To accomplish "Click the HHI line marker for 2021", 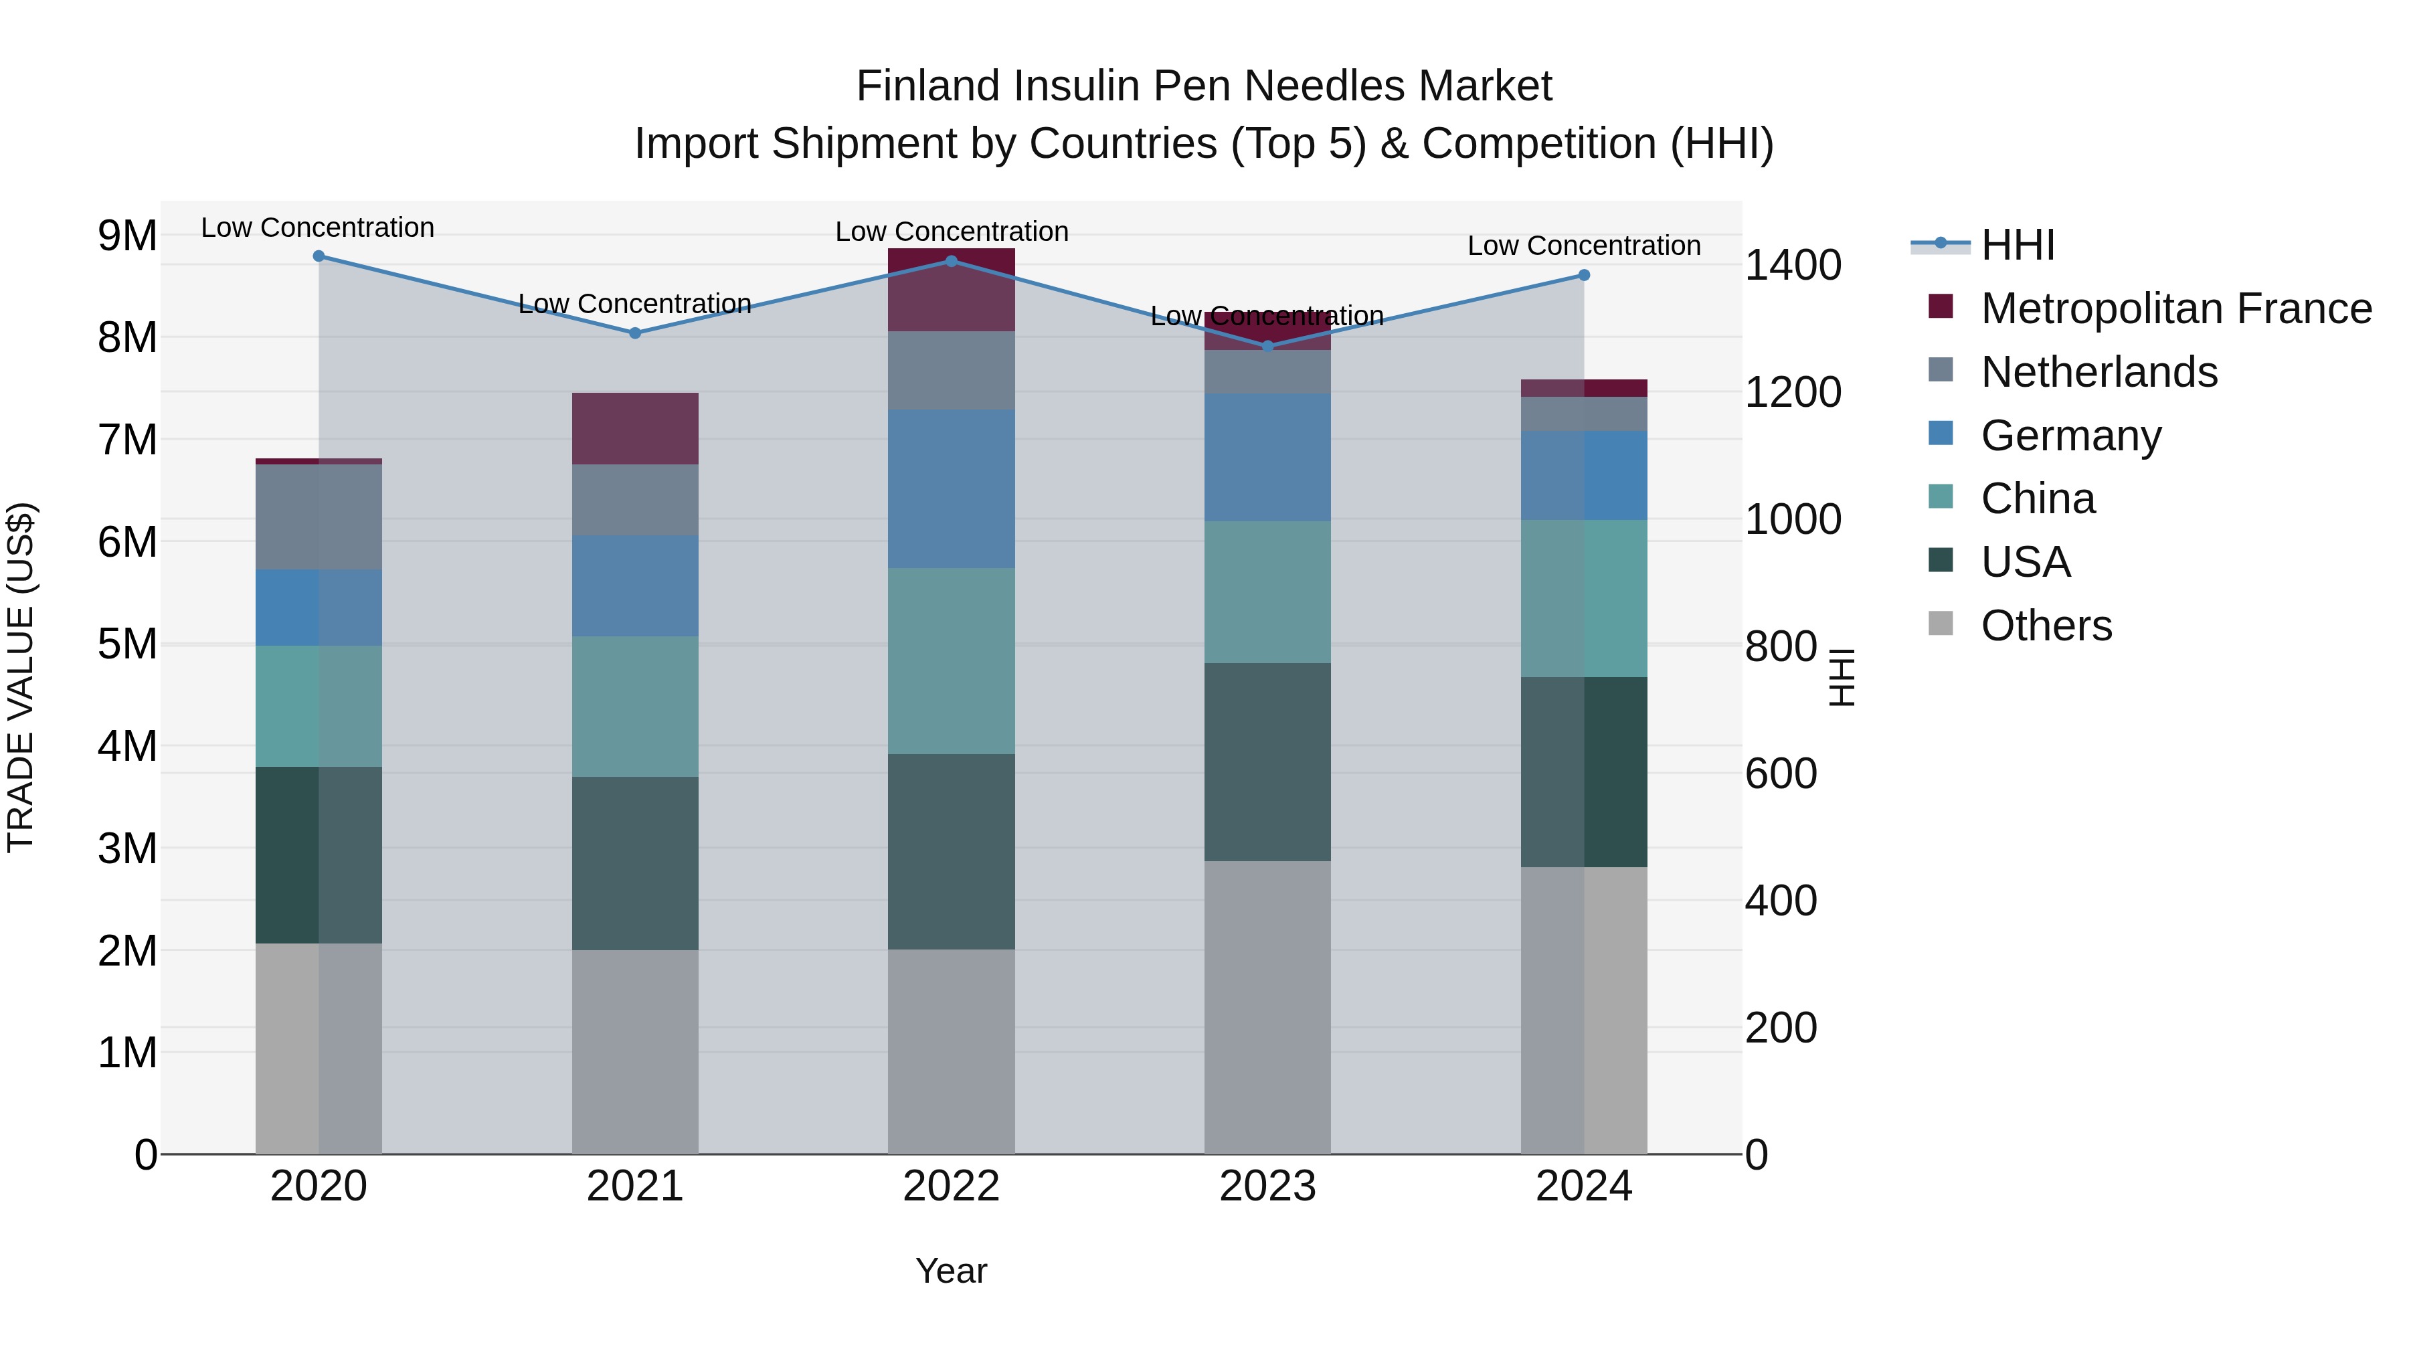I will coord(635,333).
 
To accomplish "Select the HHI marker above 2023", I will coord(1268,346).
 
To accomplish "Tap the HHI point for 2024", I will coord(1584,275).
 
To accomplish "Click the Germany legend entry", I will coord(2070,436).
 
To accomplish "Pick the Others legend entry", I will coord(2046,626).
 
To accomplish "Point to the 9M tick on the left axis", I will coord(128,236).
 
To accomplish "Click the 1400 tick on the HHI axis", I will coord(1793,266).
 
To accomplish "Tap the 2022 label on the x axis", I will coord(951,1186).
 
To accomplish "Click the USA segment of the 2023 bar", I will coord(1267,762).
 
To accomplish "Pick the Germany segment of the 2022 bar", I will coord(951,488).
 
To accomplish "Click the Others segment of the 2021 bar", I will coord(635,1052).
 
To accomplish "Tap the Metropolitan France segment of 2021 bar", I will coord(635,428).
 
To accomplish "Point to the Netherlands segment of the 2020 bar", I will coord(319,517).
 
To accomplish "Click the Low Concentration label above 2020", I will coord(318,228).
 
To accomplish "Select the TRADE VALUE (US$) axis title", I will coord(21,678).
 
